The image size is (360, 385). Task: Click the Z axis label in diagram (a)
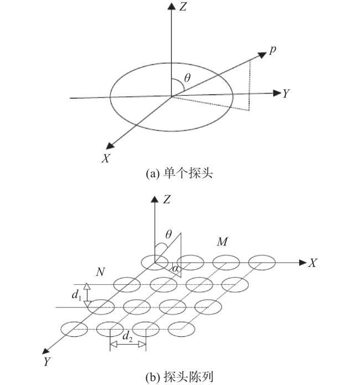coord(183,7)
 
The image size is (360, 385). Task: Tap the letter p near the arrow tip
coord(272,50)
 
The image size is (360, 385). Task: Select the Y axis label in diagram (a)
coord(286,94)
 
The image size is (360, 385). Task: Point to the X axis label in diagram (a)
coord(106,158)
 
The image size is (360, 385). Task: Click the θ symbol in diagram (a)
coord(187,78)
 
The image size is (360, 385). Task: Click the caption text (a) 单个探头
coord(179,173)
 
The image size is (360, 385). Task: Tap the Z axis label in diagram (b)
coord(167,199)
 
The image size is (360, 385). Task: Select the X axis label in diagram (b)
coord(312,263)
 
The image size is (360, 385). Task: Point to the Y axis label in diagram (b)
coord(47,361)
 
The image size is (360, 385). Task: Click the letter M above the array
coord(222,242)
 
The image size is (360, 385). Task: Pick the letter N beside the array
coord(100,272)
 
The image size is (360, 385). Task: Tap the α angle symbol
coord(175,268)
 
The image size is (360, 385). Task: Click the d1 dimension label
coord(76,294)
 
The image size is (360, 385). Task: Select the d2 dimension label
coord(127,336)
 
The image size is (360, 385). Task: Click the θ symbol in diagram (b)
coord(168,234)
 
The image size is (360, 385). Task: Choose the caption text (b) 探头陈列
coord(179,377)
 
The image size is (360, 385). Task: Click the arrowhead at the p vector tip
coord(262,55)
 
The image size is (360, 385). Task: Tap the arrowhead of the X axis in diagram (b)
coord(303,263)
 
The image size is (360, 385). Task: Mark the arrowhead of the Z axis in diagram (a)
coord(171,6)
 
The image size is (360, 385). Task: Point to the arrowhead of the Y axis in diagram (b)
coord(45,351)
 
